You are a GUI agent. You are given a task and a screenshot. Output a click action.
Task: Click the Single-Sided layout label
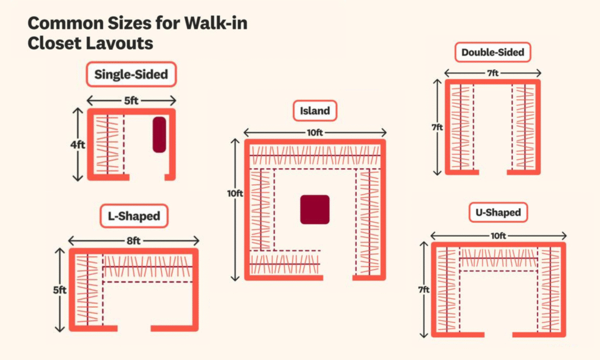tap(131, 74)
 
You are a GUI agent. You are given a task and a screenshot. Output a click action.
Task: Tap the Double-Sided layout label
tap(493, 52)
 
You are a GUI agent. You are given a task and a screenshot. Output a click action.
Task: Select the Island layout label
tap(315, 111)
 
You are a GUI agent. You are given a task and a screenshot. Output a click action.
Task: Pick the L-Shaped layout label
tap(134, 216)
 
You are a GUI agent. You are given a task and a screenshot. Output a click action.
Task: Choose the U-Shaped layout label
tap(498, 213)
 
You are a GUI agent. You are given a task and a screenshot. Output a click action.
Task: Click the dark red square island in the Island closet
tap(315, 209)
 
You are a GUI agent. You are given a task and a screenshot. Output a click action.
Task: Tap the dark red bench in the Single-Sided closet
tap(159, 135)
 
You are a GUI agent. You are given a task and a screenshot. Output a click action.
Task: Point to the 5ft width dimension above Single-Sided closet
tap(131, 101)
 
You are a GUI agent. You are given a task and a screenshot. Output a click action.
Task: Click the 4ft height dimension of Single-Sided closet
tap(78, 145)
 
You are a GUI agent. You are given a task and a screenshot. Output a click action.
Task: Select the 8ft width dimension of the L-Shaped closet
tap(134, 240)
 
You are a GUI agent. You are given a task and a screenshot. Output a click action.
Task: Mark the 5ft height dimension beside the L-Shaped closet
tap(60, 290)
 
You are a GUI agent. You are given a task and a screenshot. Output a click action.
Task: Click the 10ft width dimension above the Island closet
tap(315, 133)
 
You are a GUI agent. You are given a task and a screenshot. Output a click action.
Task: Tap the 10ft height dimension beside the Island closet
tap(235, 193)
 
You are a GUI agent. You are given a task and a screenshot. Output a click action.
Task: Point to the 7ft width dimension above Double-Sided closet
tap(493, 73)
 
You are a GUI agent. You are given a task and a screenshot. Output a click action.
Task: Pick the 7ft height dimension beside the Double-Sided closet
tap(437, 127)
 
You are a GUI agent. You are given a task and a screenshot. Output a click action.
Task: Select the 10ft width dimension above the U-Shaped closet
tap(498, 236)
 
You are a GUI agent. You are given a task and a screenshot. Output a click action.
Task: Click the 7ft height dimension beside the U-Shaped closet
tap(424, 290)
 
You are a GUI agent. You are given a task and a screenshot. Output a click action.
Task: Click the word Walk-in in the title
tap(216, 23)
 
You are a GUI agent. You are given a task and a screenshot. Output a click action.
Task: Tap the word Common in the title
tap(66, 23)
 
